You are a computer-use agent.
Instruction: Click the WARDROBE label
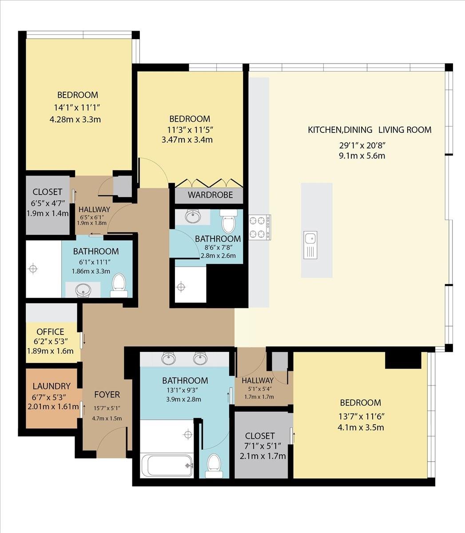[x=210, y=195]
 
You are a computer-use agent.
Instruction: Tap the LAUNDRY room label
[x=52, y=386]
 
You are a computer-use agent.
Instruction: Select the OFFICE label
[x=50, y=332]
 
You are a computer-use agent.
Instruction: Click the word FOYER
[x=107, y=395]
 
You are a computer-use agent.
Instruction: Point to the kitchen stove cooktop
[x=260, y=227]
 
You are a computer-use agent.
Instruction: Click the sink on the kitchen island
[x=310, y=245]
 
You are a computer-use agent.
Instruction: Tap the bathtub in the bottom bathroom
[x=167, y=465]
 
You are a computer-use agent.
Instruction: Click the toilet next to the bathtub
[x=214, y=466]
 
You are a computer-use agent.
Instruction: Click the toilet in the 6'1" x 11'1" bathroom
[x=119, y=285]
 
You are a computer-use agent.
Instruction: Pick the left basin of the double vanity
[x=169, y=358]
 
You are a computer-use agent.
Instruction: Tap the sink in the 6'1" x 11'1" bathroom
[x=83, y=290]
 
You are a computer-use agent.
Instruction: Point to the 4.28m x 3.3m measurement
[x=75, y=119]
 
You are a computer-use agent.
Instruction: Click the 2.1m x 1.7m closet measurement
[x=263, y=456]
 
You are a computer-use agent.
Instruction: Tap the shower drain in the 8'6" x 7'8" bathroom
[x=181, y=287]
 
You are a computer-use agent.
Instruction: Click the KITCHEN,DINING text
[x=340, y=130]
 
